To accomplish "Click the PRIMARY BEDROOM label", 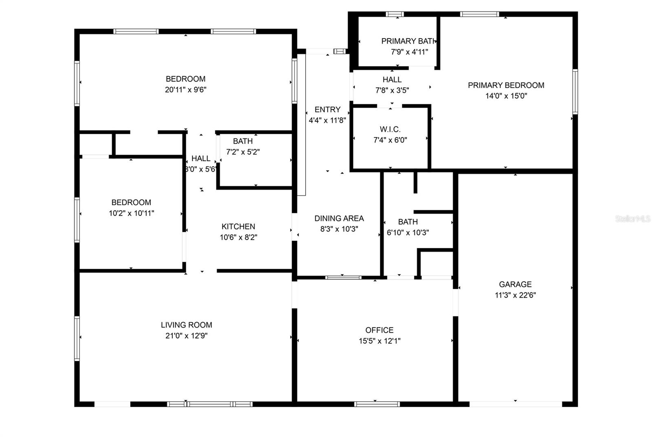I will coord(506,85).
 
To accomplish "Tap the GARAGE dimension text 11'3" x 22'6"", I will coord(515,295).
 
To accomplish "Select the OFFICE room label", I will coord(379,330).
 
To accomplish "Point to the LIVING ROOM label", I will coord(186,325).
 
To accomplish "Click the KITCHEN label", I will coord(238,227).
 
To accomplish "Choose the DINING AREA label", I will coord(339,218).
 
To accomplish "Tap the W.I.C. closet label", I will coord(390,129).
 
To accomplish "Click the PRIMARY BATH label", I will coord(408,41).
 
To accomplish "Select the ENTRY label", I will coord(327,110).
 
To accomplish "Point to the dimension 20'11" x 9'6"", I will coord(185,90).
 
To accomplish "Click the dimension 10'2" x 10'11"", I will coord(131,213).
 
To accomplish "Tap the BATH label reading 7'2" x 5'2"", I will coord(243,141).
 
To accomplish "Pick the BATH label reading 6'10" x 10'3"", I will coord(407,222).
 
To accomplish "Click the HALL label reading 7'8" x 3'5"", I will coord(392,80).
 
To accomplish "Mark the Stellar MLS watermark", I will coord(632,219).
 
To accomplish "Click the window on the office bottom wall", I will coord(377,404).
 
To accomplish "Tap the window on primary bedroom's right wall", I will coord(575,91).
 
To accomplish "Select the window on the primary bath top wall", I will coord(394,14).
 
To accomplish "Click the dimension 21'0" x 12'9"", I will coord(186,336).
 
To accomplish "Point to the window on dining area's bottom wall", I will coord(343,278).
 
